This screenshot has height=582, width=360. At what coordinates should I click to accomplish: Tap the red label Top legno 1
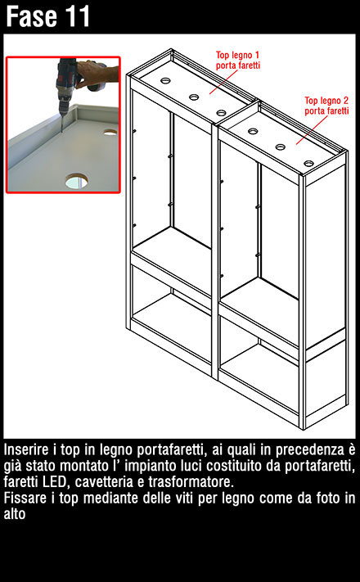[237, 56]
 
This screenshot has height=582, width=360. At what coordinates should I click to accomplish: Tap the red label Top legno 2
[326, 101]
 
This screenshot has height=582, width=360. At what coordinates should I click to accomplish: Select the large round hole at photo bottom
[77, 181]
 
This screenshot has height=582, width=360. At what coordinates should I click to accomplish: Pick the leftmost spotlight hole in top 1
[165, 80]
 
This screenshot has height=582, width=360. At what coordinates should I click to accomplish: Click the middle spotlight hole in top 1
[194, 97]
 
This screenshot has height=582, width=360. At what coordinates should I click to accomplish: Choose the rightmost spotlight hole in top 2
[308, 163]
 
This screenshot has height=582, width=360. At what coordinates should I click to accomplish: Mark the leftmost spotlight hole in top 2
[253, 131]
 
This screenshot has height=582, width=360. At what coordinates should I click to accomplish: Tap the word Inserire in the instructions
[26, 450]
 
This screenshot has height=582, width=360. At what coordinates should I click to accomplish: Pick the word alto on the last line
[15, 514]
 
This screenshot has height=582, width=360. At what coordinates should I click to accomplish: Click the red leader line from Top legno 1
[223, 82]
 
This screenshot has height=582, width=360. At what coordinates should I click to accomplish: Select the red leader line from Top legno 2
[312, 130]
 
